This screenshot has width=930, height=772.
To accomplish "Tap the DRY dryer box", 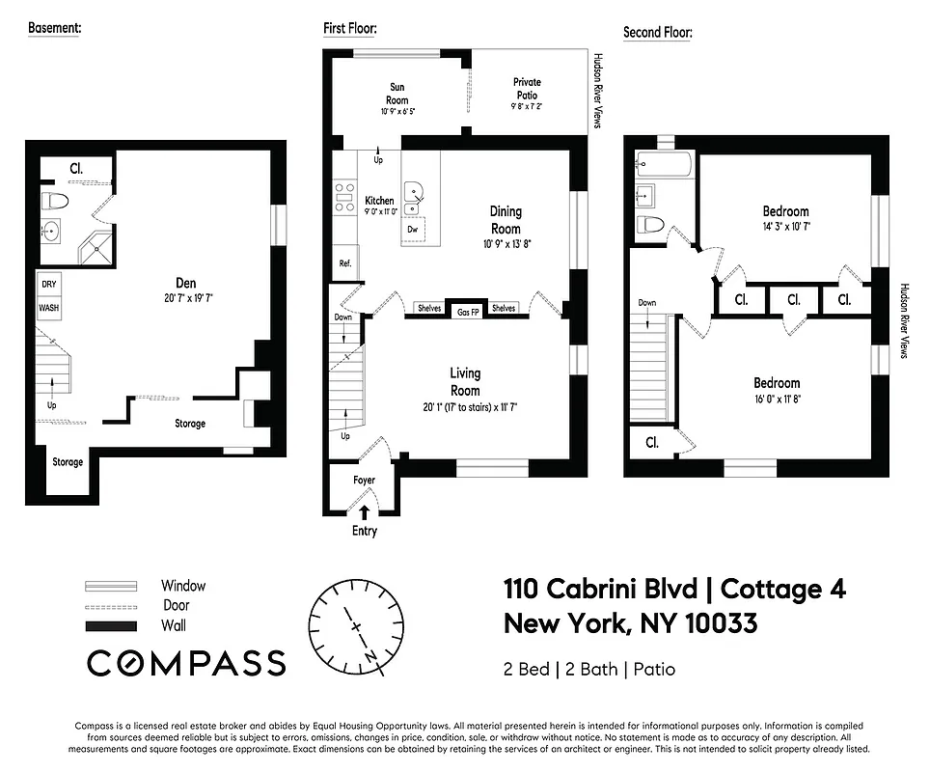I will (48, 285).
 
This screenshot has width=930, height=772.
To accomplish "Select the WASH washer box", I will (48, 308).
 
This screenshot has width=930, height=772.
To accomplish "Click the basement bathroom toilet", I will (57, 202).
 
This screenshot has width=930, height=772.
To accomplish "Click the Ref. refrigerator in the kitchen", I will (344, 263).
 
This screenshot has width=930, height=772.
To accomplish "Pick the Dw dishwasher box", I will (413, 230).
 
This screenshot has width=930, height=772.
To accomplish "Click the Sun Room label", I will (397, 94).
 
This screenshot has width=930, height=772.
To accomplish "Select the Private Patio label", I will (527, 89).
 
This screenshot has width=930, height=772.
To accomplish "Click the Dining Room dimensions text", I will (506, 244).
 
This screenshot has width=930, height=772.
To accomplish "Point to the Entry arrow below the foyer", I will (364, 514).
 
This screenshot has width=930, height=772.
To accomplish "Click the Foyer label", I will (364, 480).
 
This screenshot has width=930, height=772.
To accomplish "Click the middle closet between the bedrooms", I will (793, 300).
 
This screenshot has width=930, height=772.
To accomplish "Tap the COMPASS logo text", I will (186, 663).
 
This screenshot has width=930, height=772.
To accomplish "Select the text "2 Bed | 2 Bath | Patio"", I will (588, 669).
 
